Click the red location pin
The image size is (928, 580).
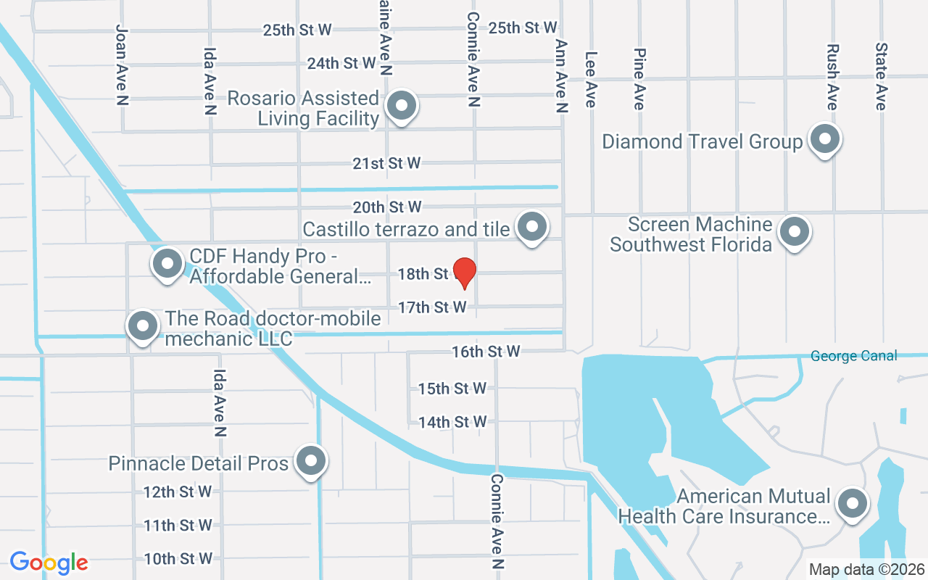464,273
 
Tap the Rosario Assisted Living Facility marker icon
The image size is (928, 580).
401,106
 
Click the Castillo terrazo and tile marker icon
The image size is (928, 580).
533,227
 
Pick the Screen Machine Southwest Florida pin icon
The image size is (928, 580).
794,232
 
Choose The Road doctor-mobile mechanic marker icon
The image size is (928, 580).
143,326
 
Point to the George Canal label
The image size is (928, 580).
853,356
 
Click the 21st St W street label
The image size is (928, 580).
386,164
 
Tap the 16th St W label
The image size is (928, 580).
486,352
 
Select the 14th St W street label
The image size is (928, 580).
452,422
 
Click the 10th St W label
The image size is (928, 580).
178,559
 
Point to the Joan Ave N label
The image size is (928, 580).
122,65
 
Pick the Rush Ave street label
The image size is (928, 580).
832,77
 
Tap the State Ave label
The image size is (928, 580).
881,76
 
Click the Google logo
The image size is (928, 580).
49,562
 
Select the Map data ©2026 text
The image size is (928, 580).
866,569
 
